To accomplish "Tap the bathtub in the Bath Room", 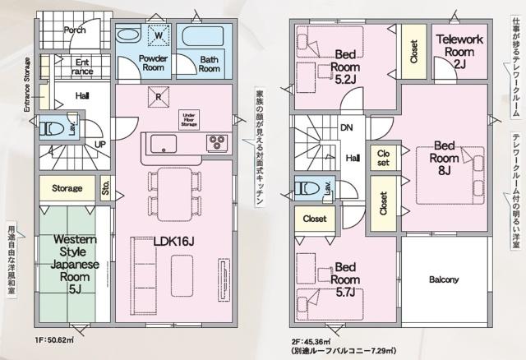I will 203,38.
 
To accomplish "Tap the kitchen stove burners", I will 216,142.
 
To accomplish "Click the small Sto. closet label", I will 105,187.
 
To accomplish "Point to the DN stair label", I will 348,127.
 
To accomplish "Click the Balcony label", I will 444,279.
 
